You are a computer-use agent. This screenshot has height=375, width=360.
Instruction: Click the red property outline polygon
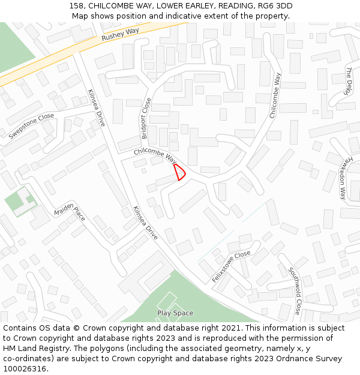coord(179,172)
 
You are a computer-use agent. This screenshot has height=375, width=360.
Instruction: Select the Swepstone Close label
coord(31,126)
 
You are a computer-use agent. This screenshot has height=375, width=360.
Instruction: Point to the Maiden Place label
coord(70,211)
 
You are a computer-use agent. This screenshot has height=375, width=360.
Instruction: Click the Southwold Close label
coord(293,291)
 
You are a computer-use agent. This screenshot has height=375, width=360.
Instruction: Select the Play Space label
coord(175,313)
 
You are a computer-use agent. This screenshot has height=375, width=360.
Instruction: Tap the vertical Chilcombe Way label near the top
coord(274,95)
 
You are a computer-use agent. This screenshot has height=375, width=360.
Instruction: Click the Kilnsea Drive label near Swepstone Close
coord(97,107)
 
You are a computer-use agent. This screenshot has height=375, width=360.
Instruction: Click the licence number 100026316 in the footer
coord(25,369)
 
